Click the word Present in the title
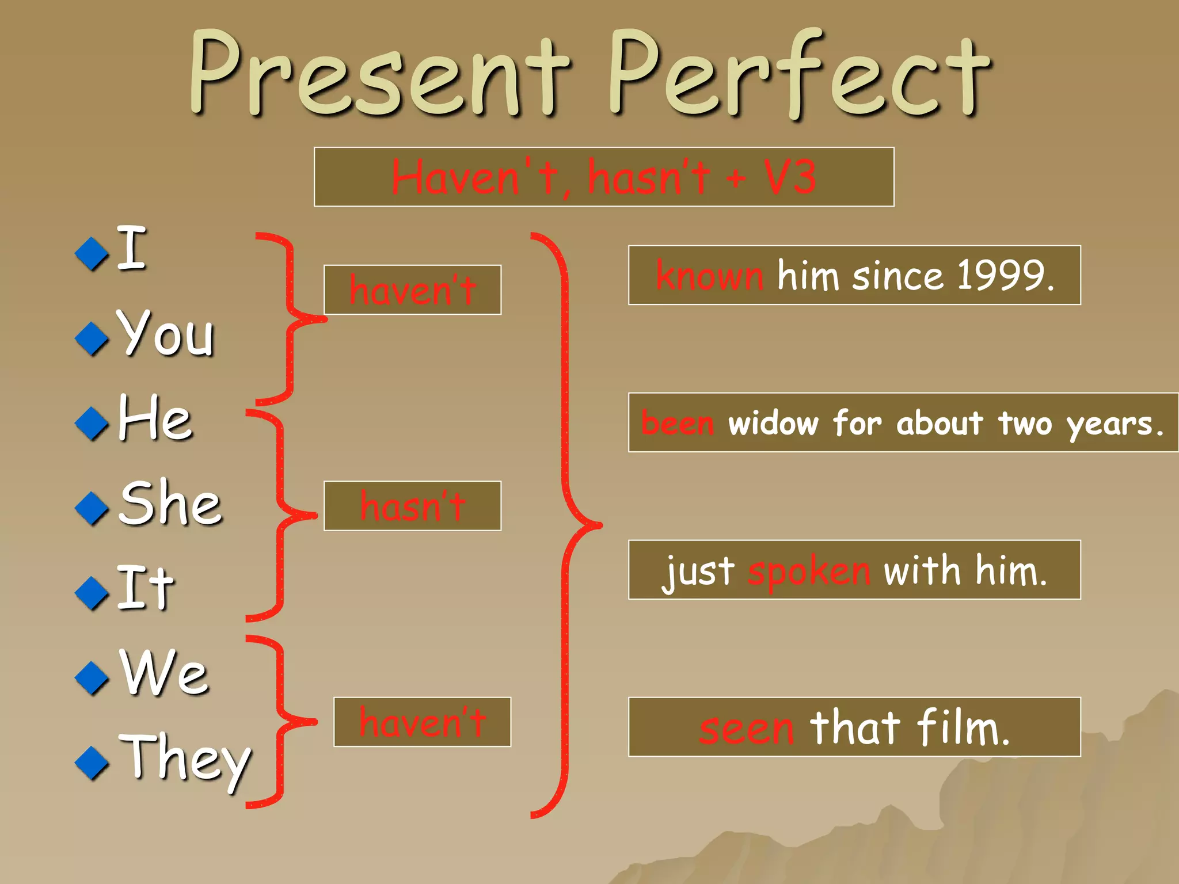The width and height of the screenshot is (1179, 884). [x=380, y=75]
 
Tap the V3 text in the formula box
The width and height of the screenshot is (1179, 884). [x=790, y=177]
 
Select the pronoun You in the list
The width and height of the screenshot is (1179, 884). [x=166, y=334]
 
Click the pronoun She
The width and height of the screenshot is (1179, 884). [x=170, y=503]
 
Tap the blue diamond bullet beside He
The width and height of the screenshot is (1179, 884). [x=92, y=424]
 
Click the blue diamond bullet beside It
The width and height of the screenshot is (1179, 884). [x=92, y=593]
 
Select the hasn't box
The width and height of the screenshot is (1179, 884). [x=412, y=506]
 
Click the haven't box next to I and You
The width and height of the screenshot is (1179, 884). [x=412, y=290]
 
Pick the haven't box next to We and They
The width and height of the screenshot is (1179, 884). [x=422, y=722]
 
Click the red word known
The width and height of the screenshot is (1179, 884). [x=710, y=275]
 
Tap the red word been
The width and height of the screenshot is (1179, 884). [x=678, y=423]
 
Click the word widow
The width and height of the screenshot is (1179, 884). [x=773, y=423]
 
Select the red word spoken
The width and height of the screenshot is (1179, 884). [x=809, y=571]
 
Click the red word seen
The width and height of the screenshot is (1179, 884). [x=747, y=728]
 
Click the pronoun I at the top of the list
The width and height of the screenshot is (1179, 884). [x=131, y=249]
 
